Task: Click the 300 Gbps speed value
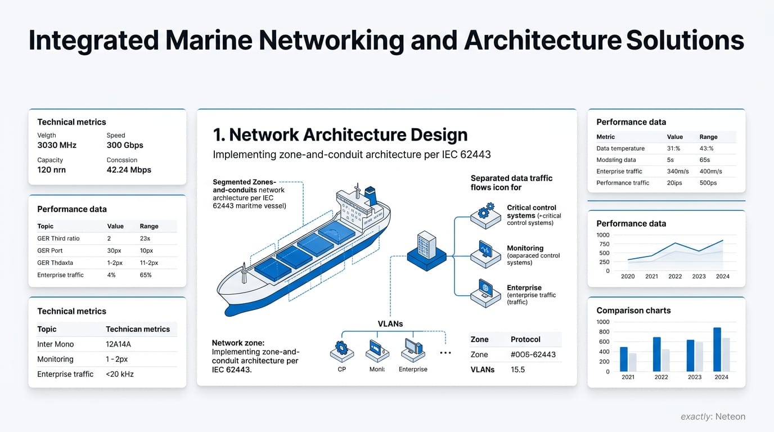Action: [x=125, y=145]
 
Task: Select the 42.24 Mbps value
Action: [x=129, y=170]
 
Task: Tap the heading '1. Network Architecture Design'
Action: [x=340, y=135]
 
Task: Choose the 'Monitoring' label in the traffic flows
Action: [x=525, y=248]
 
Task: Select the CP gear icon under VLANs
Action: [x=341, y=349]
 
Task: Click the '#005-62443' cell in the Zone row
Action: [x=533, y=354]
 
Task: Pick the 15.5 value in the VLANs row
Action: [x=518, y=370]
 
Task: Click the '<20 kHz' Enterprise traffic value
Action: [x=120, y=374]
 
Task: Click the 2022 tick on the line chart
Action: [x=675, y=276]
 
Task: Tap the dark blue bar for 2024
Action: [x=717, y=349]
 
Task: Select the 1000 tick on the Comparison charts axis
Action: [x=602, y=322]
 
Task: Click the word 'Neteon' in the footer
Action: [x=730, y=417]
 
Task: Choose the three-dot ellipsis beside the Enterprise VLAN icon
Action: [x=445, y=353]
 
